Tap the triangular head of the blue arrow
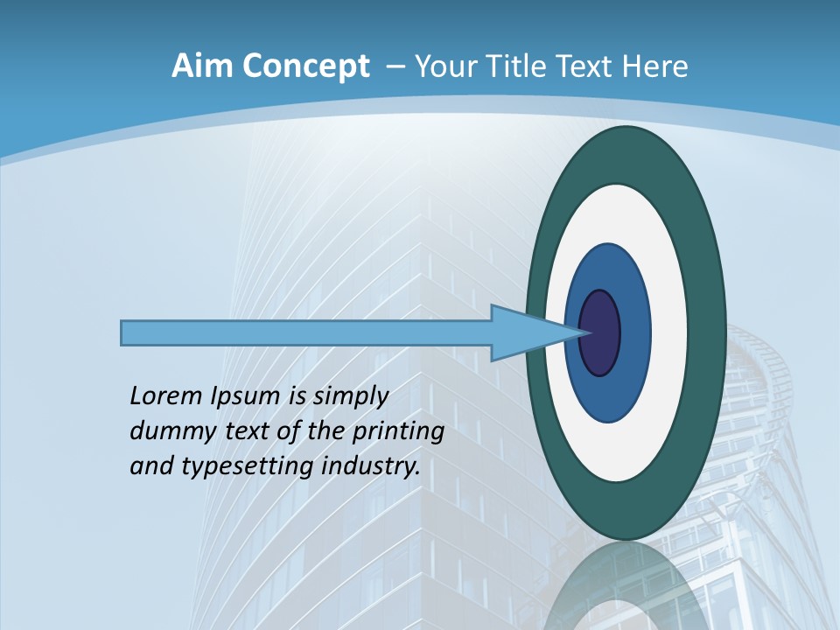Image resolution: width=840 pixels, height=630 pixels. point(525,333)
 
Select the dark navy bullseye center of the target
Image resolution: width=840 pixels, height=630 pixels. point(600,333)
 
